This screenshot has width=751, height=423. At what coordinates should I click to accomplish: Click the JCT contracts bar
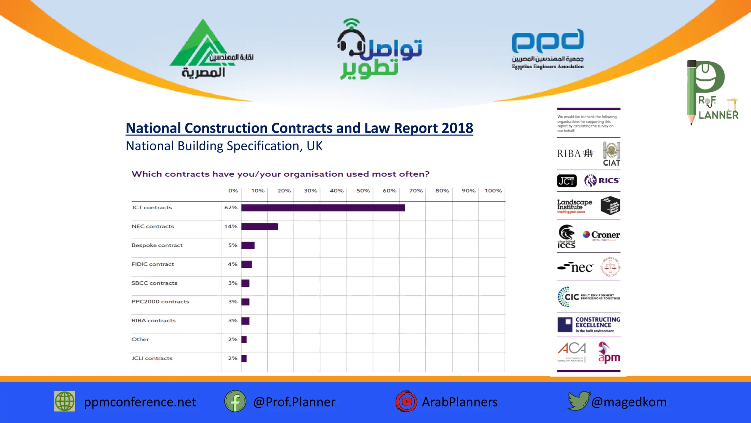tap(323, 208)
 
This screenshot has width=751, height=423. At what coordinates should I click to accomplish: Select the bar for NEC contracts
tap(260, 227)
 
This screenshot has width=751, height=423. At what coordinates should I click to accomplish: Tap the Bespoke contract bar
tap(248, 245)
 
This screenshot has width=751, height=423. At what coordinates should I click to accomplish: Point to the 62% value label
tap(231, 207)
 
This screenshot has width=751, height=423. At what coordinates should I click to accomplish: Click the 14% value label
tap(231, 226)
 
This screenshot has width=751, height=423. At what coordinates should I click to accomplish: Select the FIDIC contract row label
tap(153, 264)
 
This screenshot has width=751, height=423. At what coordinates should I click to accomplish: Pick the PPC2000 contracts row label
tap(160, 301)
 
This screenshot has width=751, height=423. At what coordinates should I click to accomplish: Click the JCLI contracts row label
tap(152, 358)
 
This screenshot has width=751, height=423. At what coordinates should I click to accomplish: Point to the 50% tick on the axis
tap(363, 191)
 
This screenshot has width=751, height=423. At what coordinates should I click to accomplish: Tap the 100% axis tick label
tap(493, 191)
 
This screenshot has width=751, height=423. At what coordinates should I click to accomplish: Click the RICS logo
tap(602, 180)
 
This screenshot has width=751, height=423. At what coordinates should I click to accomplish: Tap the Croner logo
tap(601, 235)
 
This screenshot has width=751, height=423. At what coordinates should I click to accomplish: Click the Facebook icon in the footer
tap(235, 401)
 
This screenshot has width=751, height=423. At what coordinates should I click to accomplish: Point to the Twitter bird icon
tap(578, 401)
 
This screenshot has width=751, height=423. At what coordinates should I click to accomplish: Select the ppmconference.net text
tap(140, 402)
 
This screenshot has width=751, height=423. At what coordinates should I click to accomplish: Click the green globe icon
tap(65, 401)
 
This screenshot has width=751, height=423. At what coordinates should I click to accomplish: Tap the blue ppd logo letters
tap(547, 41)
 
